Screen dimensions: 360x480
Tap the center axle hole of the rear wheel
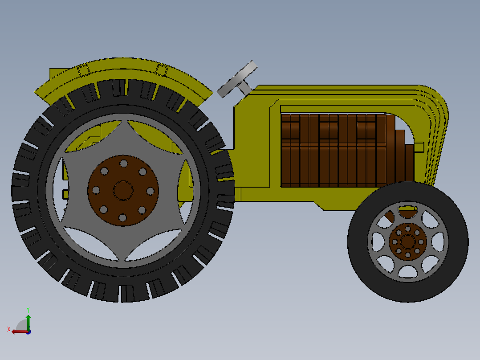pyautogui.click(x=123, y=190)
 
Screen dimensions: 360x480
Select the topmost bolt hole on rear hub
pyautogui.click(x=123, y=164)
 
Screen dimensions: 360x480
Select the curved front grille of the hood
pyautogui.click(x=439, y=134)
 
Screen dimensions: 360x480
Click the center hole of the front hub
pyautogui.click(x=407, y=241)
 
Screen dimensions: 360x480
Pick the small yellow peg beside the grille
pyautogui.click(x=419, y=147)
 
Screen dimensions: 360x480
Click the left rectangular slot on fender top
pyautogui.click(x=83, y=70)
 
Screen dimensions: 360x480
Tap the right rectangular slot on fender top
pyautogui.click(x=162, y=70)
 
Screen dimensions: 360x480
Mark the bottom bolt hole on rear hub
pyautogui.click(x=123, y=217)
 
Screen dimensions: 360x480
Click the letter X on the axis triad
pyautogui.click(x=8, y=329)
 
